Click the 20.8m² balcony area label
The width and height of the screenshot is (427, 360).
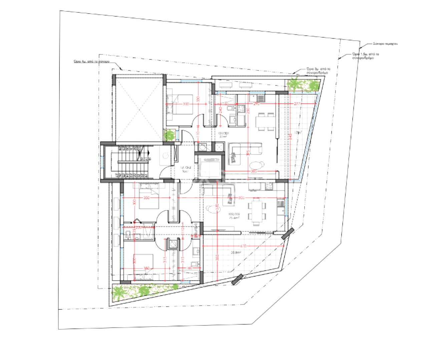point(236,253)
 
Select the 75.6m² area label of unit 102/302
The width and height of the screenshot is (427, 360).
point(235,218)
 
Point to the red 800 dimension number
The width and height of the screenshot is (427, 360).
point(242,198)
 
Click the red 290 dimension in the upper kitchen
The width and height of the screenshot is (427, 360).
point(256,104)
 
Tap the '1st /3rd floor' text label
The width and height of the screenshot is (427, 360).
point(185,169)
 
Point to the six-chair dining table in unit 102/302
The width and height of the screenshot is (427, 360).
point(257,210)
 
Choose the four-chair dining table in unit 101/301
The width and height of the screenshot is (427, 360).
point(266,122)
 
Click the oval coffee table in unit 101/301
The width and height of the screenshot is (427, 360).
point(256,165)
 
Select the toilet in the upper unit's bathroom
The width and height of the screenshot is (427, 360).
point(230,109)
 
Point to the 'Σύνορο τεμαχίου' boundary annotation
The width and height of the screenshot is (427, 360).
point(385,44)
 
